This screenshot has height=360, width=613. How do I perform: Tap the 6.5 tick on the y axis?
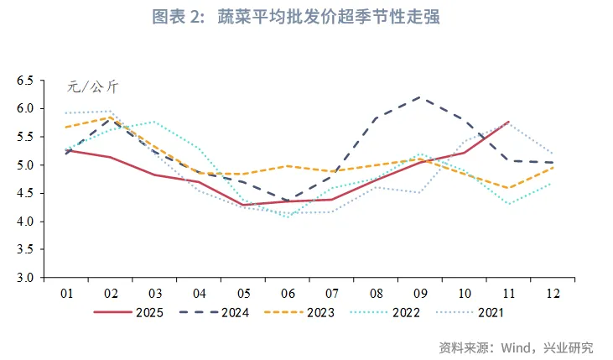pos(23,81)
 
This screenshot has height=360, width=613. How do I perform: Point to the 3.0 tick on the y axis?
pos(23,278)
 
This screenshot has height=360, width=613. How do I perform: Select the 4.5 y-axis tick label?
pos(23,193)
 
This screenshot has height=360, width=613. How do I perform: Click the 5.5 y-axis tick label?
pos(23,137)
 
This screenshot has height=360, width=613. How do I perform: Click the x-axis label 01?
pos(67,293)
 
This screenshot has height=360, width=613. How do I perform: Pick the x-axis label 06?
pos(288,293)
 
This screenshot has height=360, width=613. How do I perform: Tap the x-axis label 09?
pos(420,293)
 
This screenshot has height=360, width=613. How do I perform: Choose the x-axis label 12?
pos(553,293)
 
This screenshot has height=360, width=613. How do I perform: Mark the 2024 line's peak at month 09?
pos(420,97)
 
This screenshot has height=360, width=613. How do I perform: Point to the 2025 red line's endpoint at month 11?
pos(508,122)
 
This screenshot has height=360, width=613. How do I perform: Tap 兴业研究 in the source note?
pos(574,347)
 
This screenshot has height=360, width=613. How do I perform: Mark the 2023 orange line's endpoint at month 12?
pos(553,167)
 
